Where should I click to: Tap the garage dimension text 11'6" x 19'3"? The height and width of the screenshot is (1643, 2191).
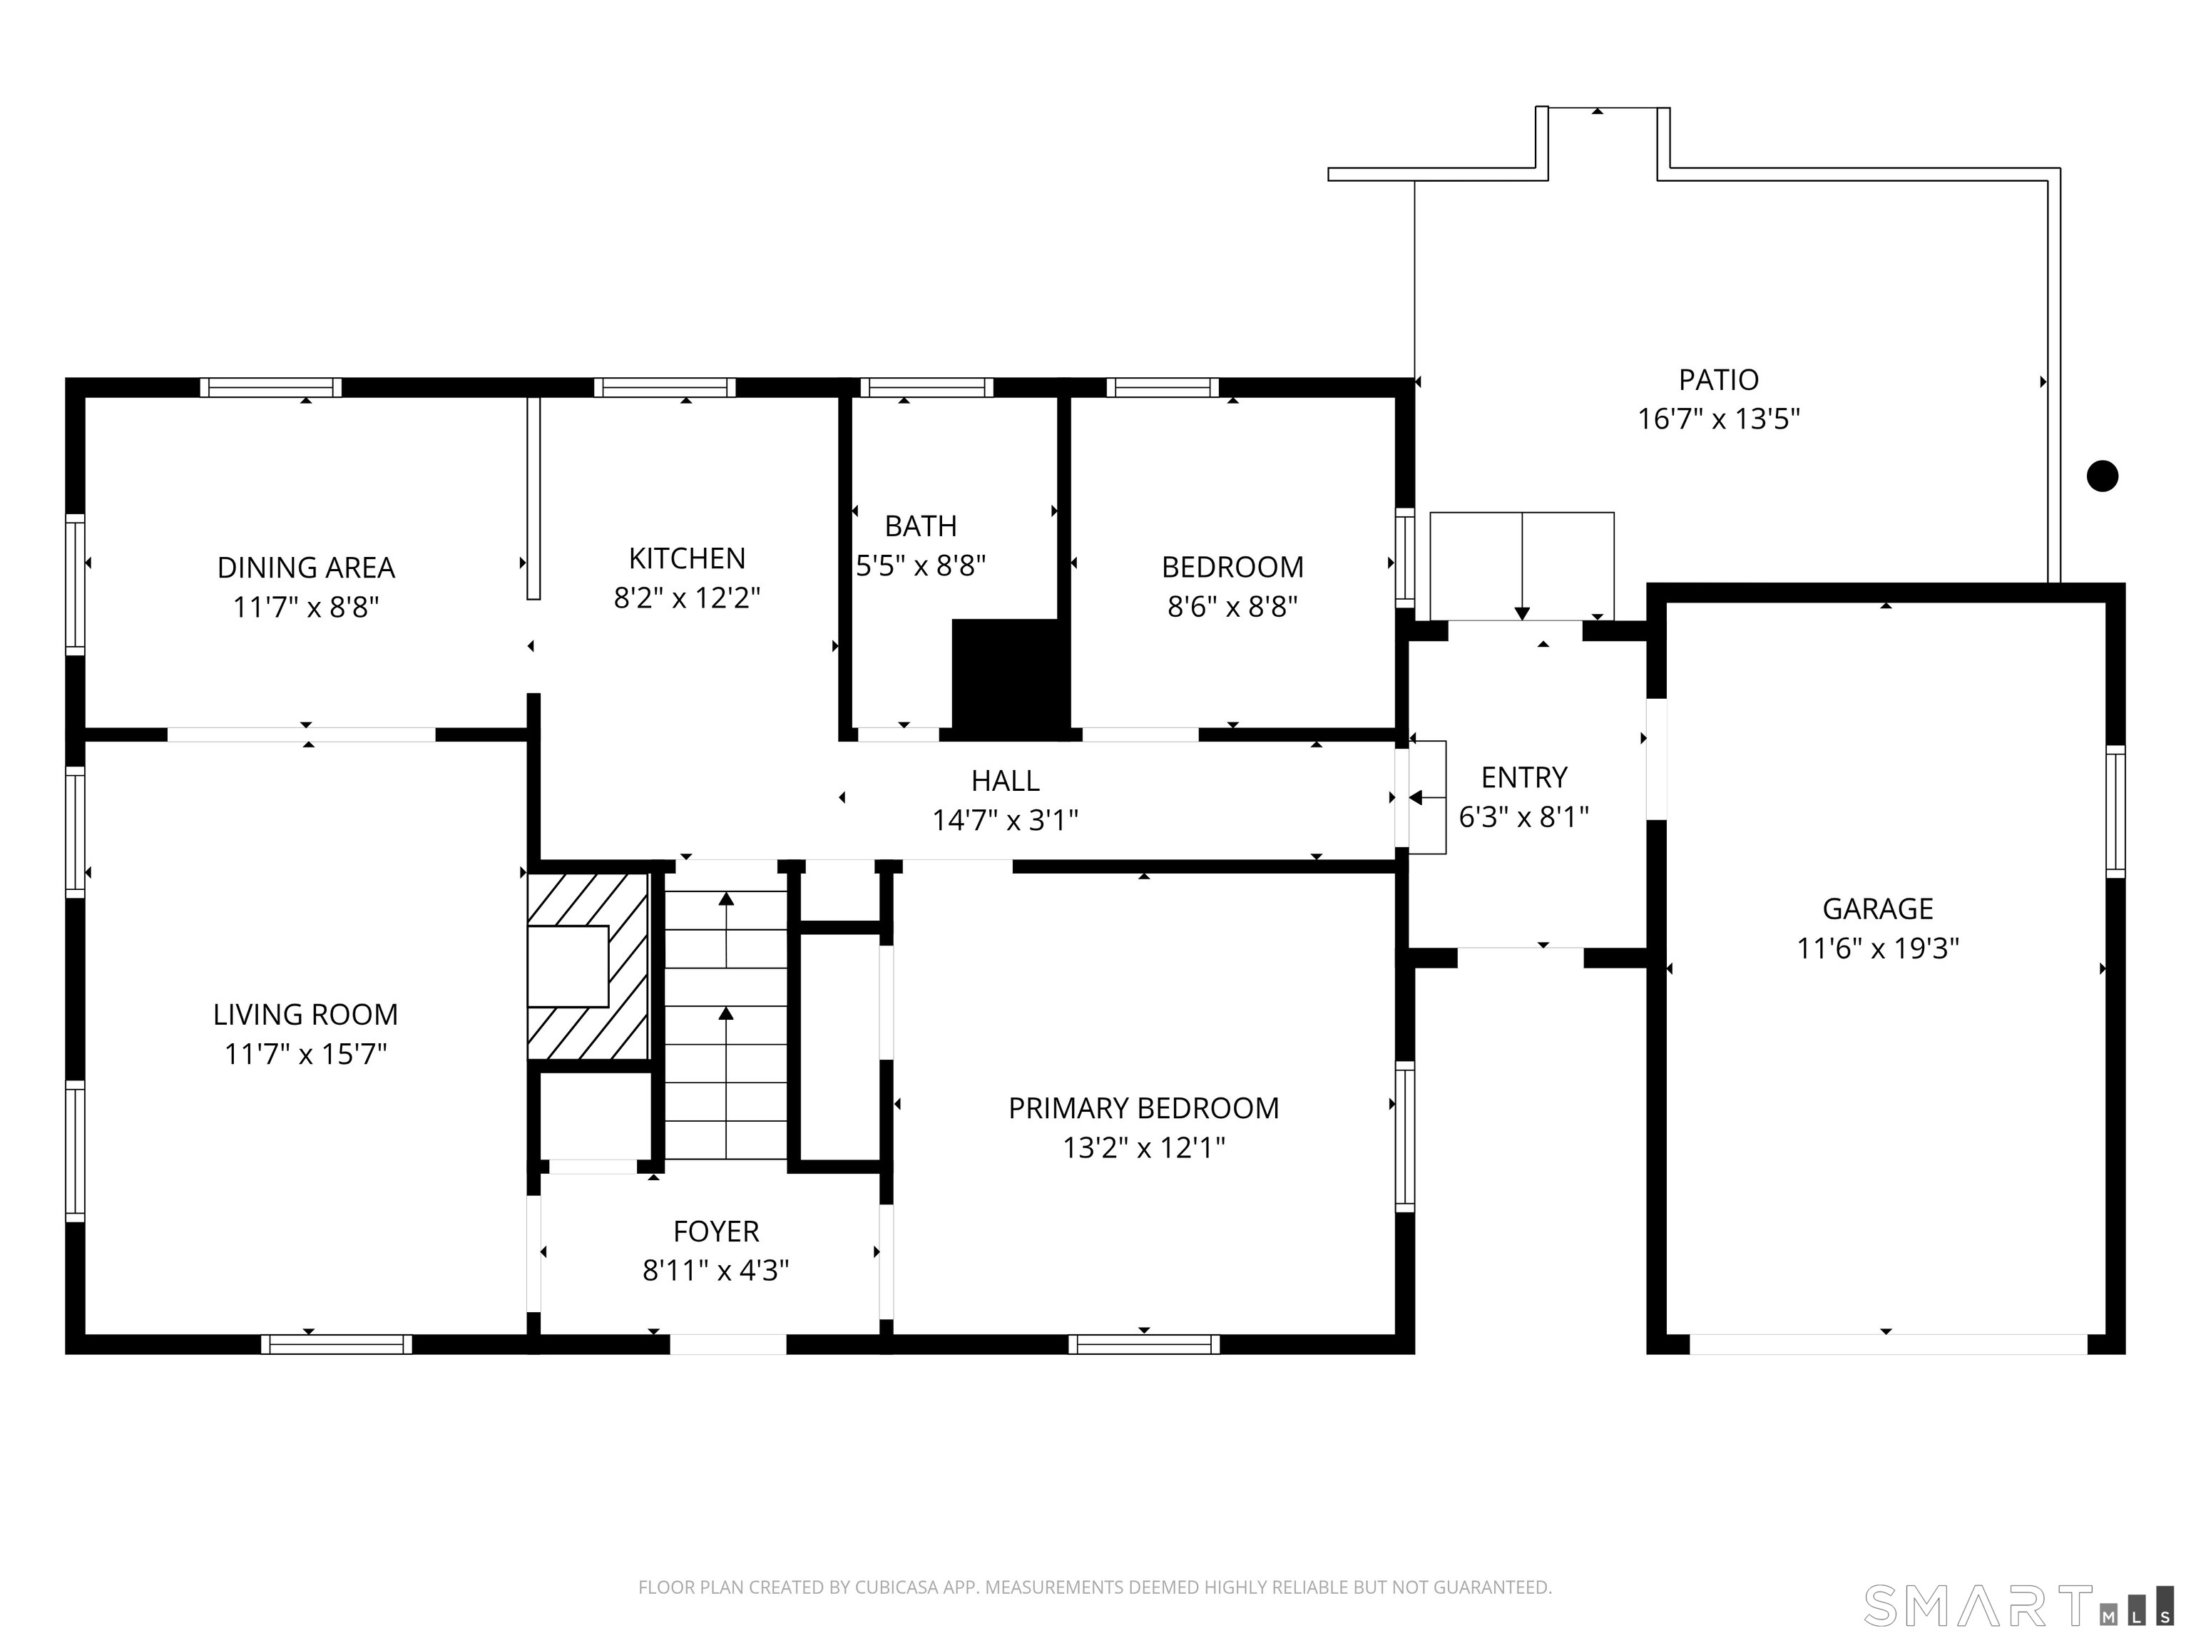point(1877,948)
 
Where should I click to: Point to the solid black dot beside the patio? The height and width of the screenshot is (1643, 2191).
point(2102,476)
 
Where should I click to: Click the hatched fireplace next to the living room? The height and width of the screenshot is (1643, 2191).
point(588,966)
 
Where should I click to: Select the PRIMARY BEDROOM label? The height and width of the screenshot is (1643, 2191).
point(1143,1108)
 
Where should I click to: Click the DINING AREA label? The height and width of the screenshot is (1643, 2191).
point(305,568)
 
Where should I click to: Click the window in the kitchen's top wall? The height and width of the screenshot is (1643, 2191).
point(665,387)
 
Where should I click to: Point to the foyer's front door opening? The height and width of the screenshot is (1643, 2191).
point(728,1344)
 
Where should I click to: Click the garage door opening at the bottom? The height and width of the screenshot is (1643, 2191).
point(1888,1344)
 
